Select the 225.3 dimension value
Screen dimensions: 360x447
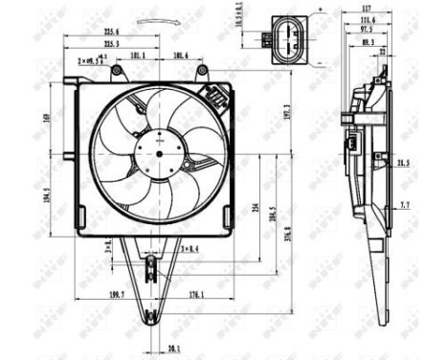[x=112, y=44]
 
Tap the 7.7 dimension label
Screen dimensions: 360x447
[x=404, y=205]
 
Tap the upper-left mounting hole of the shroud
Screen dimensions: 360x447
[x=116, y=72]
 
